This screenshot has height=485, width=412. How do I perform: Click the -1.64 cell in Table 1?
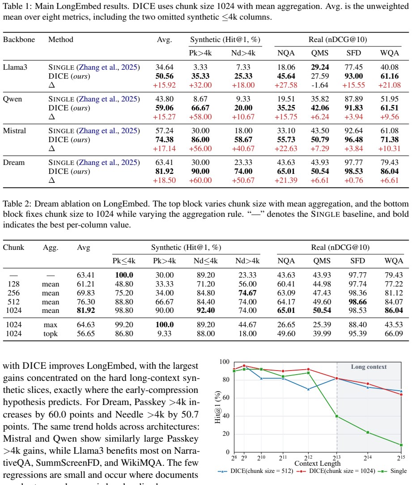point(320,85)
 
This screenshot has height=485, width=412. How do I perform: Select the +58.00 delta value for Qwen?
point(200,117)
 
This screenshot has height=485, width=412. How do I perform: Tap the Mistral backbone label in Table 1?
point(15,131)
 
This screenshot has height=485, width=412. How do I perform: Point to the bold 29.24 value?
point(320,67)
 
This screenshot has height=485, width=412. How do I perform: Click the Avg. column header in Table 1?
point(164,40)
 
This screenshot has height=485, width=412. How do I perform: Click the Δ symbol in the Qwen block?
point(52,117)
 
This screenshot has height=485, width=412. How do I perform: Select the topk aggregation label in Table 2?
point(51,334)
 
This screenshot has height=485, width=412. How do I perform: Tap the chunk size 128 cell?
point(13,284)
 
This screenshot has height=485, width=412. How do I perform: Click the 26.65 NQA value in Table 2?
point(286,325)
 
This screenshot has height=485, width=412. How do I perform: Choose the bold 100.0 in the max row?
point(164,325)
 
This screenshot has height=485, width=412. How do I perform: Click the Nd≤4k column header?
point(205,261)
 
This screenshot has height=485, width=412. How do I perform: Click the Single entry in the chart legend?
point(392,471)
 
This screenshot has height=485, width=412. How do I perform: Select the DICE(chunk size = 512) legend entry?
point(255,471)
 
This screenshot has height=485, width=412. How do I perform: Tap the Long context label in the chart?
point(369,367)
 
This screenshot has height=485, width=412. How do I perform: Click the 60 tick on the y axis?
point(226,398)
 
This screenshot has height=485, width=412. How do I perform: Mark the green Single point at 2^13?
point(337,416)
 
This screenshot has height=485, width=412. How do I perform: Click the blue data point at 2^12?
point(308,389)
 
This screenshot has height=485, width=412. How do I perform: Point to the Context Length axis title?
point(317,464)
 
